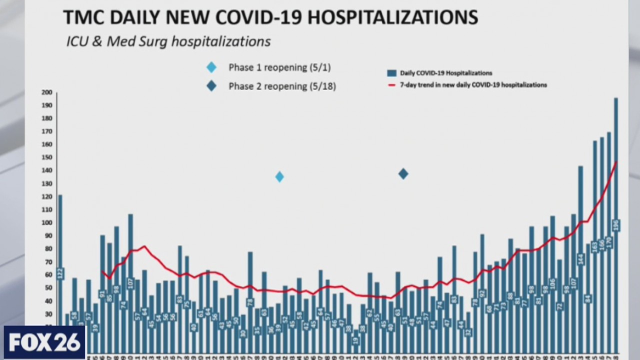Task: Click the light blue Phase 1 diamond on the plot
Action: [279, 176]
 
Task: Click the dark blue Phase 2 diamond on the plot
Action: [403, 174]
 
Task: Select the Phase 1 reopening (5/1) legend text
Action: [279, 67]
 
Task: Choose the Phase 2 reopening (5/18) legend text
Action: [282, 86]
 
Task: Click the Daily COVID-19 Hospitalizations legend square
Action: [392, 73]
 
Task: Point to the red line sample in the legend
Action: [392, 85]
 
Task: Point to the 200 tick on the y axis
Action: [46, 92]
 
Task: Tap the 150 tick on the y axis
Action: [46, 157]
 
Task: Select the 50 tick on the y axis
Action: [46, 287]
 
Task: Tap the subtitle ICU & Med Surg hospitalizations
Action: [168, 41]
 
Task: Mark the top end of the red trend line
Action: [616, 161]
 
